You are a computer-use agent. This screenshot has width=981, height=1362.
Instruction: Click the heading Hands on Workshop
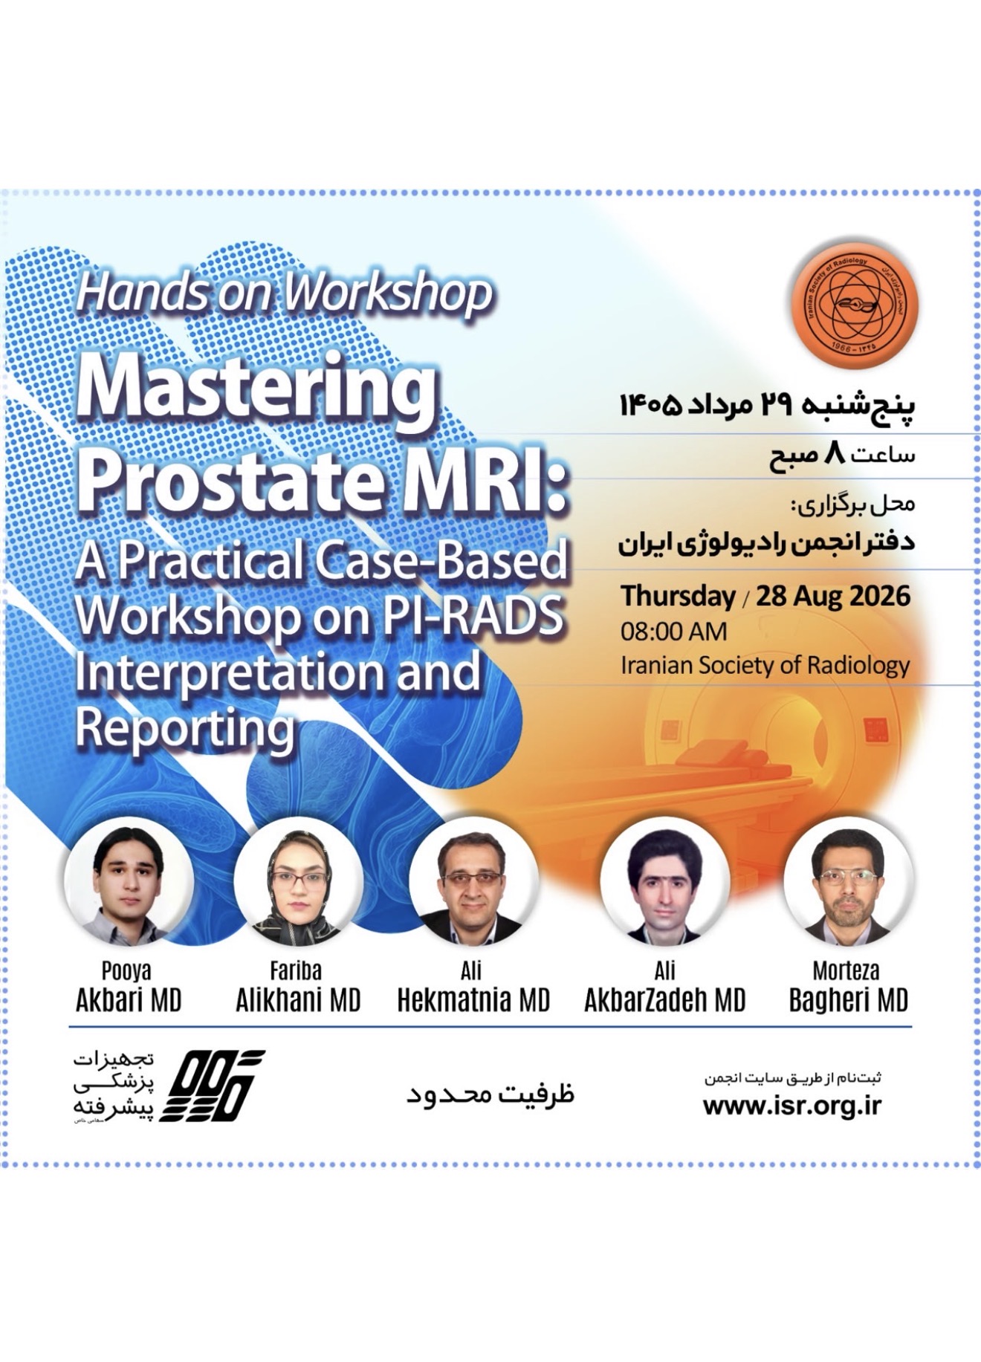(284, 294)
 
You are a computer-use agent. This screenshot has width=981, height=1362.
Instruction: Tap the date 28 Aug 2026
(833, 596)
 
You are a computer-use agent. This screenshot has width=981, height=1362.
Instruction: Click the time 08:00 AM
(674, 632)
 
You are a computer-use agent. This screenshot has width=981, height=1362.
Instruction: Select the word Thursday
(679, 597)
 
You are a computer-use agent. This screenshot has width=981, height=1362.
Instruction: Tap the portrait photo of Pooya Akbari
(129, 881)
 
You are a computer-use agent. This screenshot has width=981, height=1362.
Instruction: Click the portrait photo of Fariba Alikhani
(299, 881)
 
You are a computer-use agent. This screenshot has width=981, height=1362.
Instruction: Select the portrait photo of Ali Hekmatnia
(473, 881)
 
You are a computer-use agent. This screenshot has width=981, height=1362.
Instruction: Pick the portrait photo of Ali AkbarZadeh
(664, 881)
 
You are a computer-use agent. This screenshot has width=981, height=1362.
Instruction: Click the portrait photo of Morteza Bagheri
(848, 881)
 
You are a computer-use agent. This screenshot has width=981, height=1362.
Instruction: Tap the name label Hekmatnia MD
(473, 1001)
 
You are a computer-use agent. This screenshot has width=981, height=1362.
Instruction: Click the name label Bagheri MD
(849, 1001)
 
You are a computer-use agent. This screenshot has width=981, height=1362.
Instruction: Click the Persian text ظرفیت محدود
(490, 1094)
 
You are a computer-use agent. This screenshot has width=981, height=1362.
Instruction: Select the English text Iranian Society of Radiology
(765, 665)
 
